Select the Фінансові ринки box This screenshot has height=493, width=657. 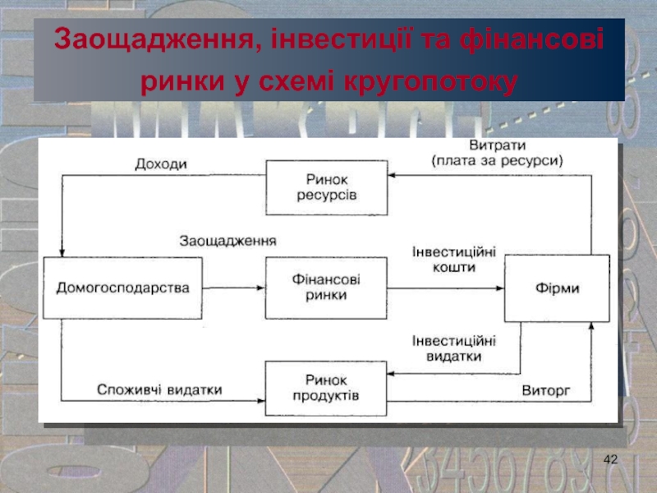pyautogui.click(x=326, y=288)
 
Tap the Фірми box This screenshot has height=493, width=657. pyautogui.click(x=557, y=288)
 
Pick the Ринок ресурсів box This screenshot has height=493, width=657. pyautogui.click(x=326, y=187)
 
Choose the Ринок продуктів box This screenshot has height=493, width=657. pyautogui.click(x=326, y=389)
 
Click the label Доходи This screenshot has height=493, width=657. pyautogui.click(x=161, y=164)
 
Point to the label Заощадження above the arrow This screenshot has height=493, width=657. pyautogui.click(x=228, y=242)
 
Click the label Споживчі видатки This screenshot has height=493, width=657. pyautogui.click(x=159, y=389)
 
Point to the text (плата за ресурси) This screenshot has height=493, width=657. pyautogui.click(x=497, y=162)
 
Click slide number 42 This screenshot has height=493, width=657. pyautogui.click(x=609, y=457)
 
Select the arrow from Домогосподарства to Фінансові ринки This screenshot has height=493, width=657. pyautogui.click(x=233, y=288)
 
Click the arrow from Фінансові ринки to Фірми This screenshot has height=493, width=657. pyautogui.click(x=444, y=288)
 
